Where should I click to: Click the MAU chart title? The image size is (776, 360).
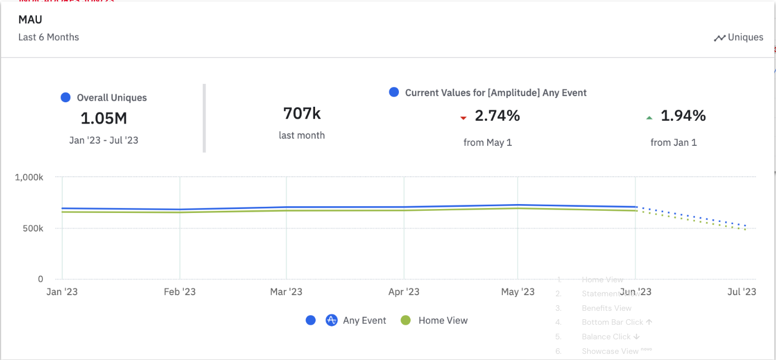[x=30, y=20]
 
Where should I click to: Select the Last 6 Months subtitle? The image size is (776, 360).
[x=49, y=37]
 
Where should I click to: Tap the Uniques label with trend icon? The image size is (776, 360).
[x=739, y=37]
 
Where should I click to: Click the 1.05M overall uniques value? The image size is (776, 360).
[x=103, y=119]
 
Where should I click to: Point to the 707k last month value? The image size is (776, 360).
[x=302, y=113]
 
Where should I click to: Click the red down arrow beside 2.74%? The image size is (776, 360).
[x=463, y=117]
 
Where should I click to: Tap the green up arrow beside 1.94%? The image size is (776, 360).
[x=649, y=117]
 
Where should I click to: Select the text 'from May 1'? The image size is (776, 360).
[x=488, y=143]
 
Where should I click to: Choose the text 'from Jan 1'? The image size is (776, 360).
[x=674, y=143]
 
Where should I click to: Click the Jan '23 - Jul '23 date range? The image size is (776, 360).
[x=103, y=140]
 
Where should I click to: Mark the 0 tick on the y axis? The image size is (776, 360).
[x=40, y=279]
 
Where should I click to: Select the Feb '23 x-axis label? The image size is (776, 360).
[x=180, y=292]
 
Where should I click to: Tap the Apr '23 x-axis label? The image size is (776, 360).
[x=403, y=292]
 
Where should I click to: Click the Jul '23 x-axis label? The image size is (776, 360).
[x=742, y=292]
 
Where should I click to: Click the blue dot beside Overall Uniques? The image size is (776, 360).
[x=65, y=98]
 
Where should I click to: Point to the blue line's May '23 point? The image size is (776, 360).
[x=517, y=205]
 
